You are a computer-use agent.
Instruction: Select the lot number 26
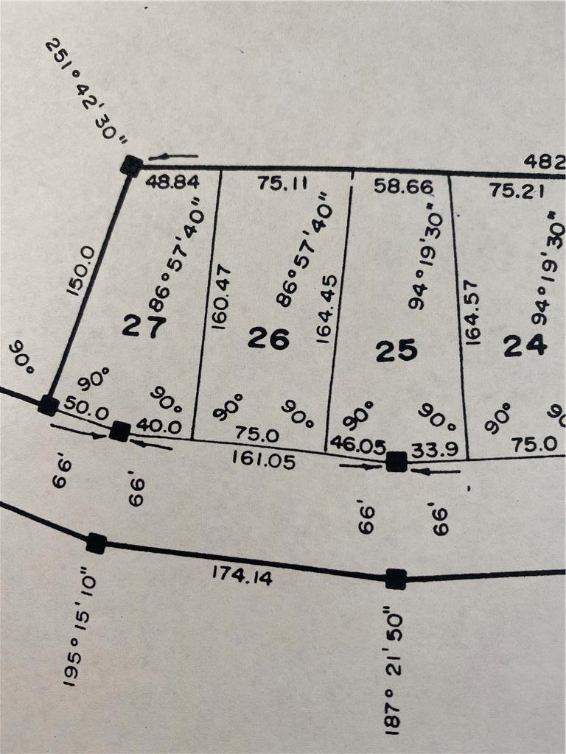(268, 338)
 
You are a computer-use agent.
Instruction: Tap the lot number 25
(396, 350)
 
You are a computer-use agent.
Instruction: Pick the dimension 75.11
(282, 183)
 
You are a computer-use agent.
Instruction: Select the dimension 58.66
(402, 187)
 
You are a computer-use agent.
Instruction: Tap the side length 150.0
(83, 270)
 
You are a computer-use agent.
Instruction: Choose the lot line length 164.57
(472, 311)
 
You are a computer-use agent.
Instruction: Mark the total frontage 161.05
(263, 460)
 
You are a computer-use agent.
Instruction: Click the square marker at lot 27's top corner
(131, 165)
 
